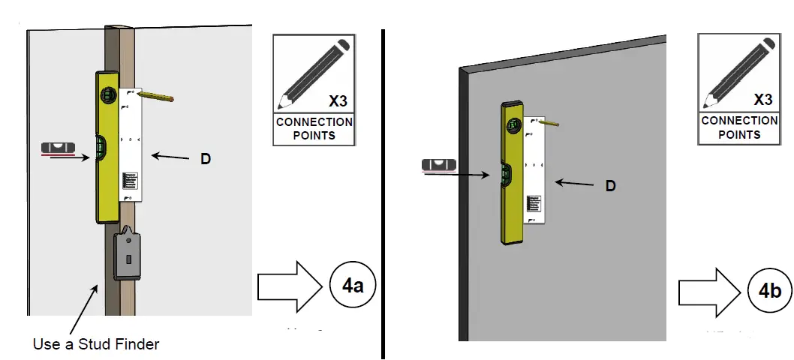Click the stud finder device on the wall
tap(128, 256)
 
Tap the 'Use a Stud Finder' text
tap(96, 344)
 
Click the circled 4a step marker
tap(351, 286)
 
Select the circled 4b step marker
tap(769, 291)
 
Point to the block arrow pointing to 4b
tap(708, 291)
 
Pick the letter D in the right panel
tap(611, 185)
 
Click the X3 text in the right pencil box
tap(762, 100)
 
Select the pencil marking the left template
tap(156, 96)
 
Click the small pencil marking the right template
tap(549, 121)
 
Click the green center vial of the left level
tap(101, 148)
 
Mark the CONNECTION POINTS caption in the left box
tap(314, 128)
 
